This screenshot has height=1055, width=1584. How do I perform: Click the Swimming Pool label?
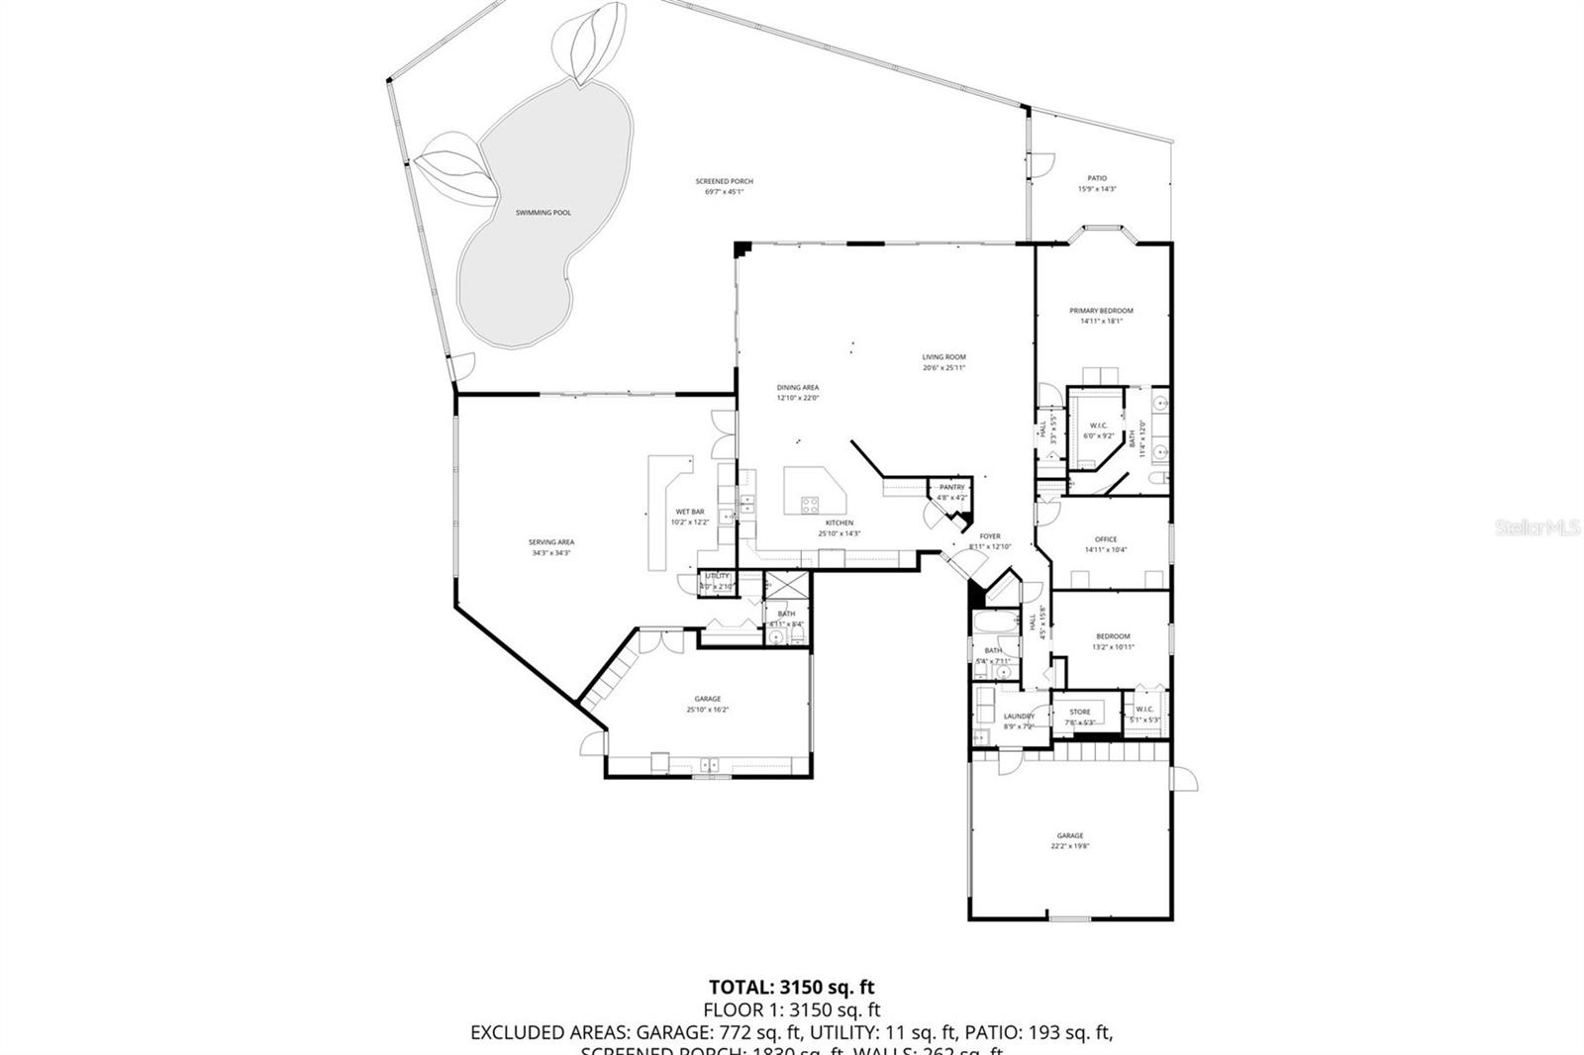click(x=543, y=213)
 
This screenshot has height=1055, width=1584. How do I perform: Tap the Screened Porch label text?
click(x=724, y=181)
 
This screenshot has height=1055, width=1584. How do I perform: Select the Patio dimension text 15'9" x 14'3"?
click(x=1096, y=189)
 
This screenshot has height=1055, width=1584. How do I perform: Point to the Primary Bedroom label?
click(x=1101, y=311)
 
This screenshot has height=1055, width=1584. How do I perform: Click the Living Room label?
click(x=943, y=357)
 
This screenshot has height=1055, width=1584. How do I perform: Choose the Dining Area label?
click(x=797, y=388)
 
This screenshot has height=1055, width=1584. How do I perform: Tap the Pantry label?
click(x=951, y=487)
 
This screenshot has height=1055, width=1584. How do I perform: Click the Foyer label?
click(x=989, y=536)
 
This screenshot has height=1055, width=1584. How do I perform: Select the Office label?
click(x=1105, y=539)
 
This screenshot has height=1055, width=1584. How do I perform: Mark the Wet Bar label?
click(x=690, y=512)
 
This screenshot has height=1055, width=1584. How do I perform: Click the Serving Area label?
click(x=550, y=542)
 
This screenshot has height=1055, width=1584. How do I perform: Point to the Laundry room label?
click(x=1019, y=717)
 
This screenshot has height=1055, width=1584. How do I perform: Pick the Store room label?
click(x=1079, y=712)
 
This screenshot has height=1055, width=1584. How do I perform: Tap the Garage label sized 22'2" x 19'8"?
click(x=1069, y=835)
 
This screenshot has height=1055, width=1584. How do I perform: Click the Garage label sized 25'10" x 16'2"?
click(x=707, y=699)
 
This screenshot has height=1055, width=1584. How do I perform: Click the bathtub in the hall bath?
click(x=993, y=623)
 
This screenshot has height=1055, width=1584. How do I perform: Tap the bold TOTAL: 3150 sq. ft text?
click(x=791, y=987)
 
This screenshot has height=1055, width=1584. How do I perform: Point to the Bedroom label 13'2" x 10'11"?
click(x=1112, y=636)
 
